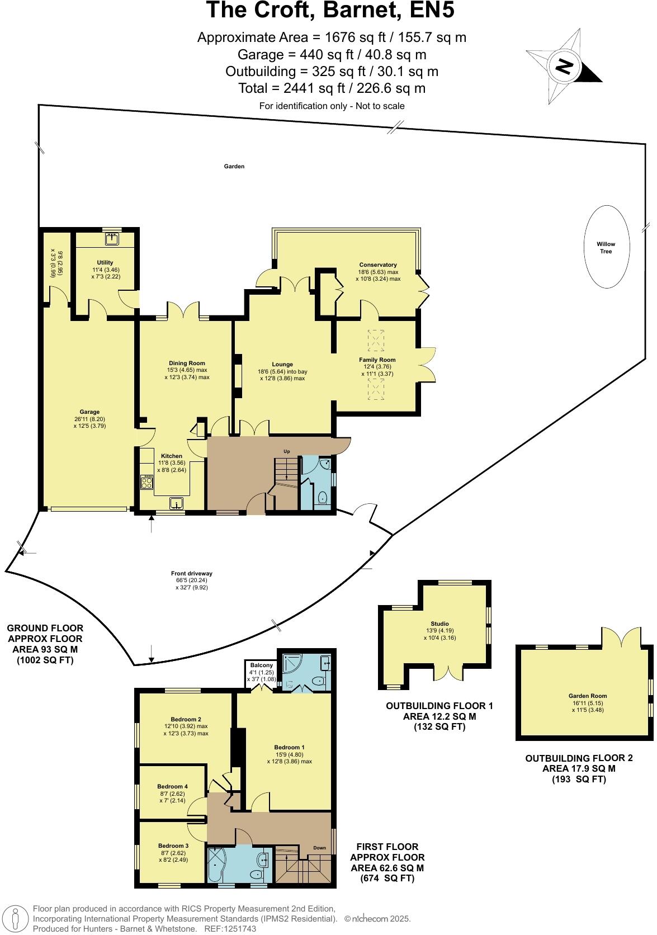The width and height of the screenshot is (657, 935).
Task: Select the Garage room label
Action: coord(89,413)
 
